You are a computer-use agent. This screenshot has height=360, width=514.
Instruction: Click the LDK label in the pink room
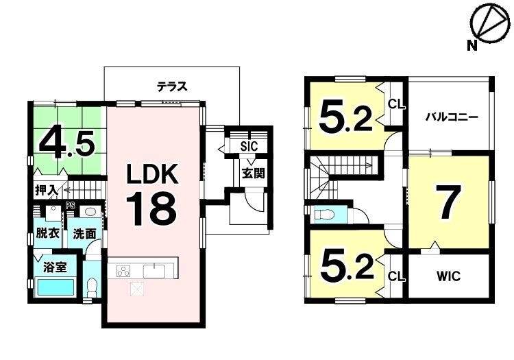point(152,173)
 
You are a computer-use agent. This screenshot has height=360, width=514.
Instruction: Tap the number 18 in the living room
point(151,209)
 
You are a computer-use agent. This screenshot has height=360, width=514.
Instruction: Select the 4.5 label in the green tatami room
point(67,144)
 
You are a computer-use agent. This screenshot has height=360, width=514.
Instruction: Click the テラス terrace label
point(172,86)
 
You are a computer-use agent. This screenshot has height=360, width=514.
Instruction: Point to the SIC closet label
point(249,146)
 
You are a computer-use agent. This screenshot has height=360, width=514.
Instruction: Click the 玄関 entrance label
point(253,173)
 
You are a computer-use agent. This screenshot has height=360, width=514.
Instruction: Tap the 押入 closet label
point(47,191)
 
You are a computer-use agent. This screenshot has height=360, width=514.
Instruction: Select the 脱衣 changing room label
point(48,233)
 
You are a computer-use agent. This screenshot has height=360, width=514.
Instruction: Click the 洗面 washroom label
point(84,234)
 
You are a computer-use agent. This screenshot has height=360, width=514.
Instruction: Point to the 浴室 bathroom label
point(55,267)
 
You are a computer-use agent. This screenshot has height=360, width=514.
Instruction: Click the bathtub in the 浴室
point(56,287)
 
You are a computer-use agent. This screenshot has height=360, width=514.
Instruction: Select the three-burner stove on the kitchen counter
point(124,272)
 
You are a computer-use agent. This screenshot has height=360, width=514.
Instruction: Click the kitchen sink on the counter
point(154,271)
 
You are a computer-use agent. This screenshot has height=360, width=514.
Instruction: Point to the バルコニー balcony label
point(452,117)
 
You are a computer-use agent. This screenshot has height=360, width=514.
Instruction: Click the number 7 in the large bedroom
point(448,202)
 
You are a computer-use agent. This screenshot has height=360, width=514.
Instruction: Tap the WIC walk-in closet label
point(448,276)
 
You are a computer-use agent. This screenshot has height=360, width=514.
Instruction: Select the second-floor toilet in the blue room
point(324,215)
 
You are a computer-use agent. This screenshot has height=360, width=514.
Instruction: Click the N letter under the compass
point(472,45)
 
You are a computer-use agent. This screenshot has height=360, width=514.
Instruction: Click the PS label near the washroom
point(69,206)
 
